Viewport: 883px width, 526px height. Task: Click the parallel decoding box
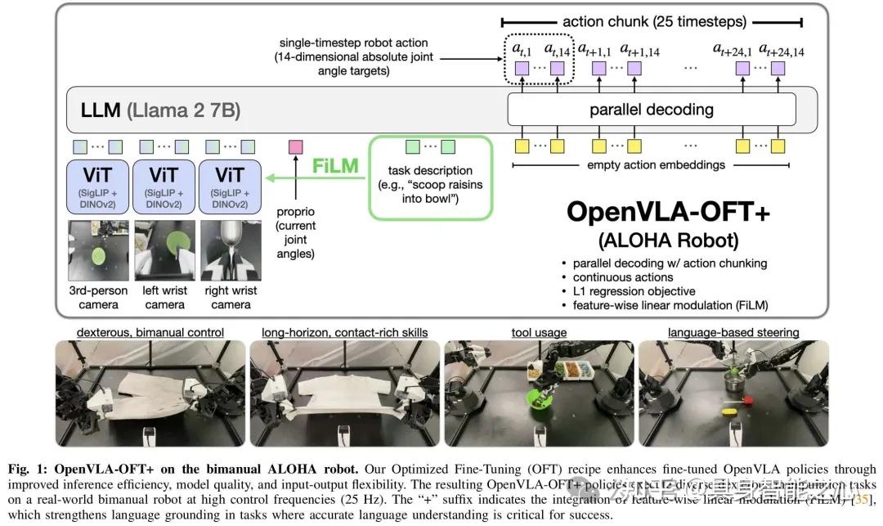(x=651, y=110)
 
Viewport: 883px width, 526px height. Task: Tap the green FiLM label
(x=336, y=166)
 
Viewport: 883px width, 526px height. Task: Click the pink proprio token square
(x=296, y=147)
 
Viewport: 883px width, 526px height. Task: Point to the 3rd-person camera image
(x=97, y=250)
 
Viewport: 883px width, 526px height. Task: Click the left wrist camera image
(x=165, y=250)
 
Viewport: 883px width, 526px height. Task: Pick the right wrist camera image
(x=231, y=250)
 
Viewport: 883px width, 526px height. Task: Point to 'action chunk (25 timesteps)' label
(x=652, y=21)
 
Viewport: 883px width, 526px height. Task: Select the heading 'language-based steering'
(x=733, y=332)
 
